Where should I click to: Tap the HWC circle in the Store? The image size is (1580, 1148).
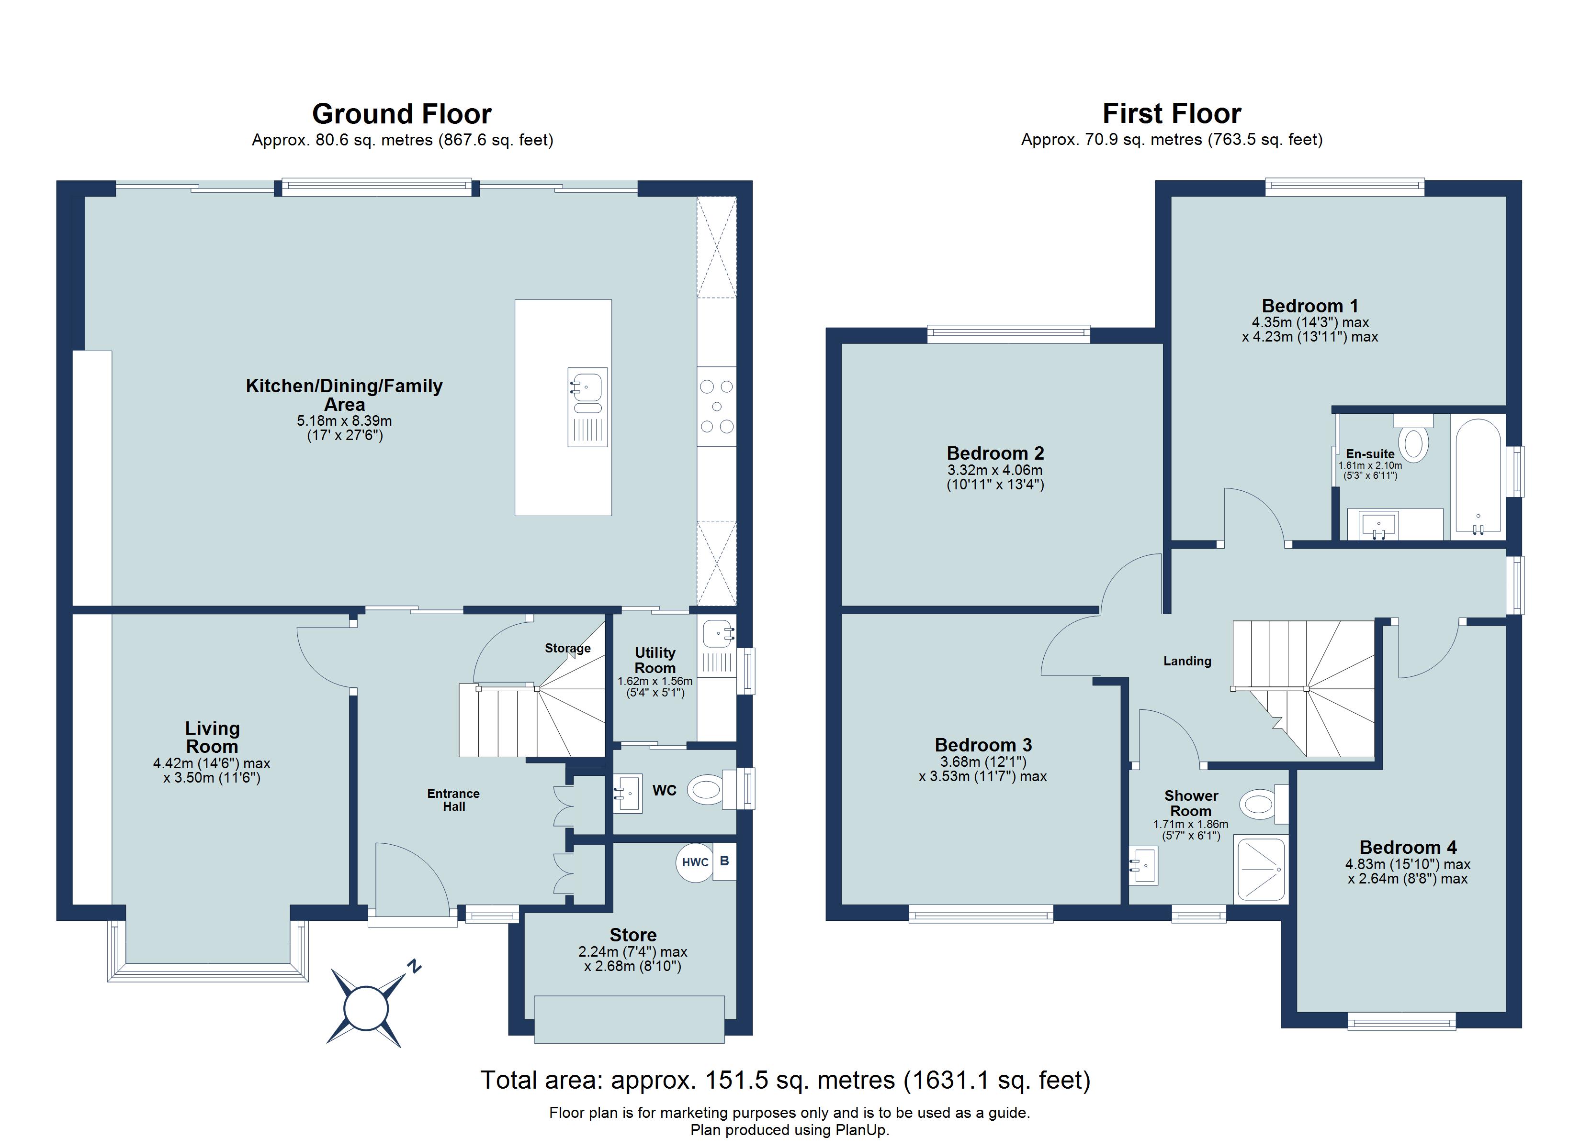[x=695, y=862]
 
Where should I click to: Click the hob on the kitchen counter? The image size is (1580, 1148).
[x=717, y=407]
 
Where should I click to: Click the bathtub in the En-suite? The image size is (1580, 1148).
[x=1478, y=476]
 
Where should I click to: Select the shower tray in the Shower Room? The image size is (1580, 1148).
[x=1260, y=870]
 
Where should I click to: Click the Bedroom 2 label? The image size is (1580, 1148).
[x=995, y=453]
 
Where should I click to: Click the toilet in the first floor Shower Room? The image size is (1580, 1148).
[x=1258, y=805]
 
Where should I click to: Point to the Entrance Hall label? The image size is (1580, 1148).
[x=453, y=800]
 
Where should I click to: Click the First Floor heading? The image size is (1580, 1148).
[x=1171, y=113]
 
